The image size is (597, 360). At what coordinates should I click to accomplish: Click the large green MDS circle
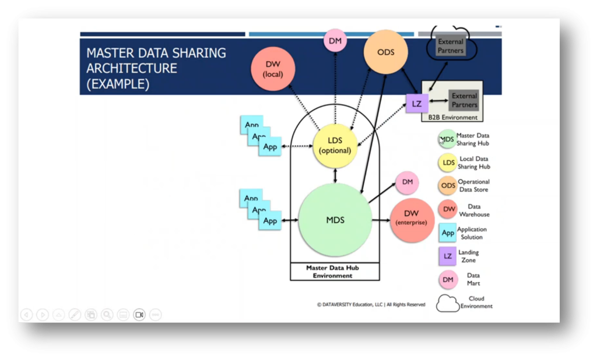click(x=335, y=220)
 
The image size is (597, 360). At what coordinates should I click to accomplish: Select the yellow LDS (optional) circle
click(x=335, y=146)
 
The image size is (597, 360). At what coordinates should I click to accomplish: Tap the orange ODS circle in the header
click(x=385, y=52)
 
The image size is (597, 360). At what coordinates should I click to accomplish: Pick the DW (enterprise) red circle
click(x=412, y=219)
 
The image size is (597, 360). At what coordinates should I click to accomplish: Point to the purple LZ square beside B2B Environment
click(x=416, y=104)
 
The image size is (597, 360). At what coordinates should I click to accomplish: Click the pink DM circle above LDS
click(x=335, y=41)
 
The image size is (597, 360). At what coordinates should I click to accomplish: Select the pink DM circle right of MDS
click(x=407, y=183)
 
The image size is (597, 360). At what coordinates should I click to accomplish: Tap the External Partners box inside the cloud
click(x=451, y=47)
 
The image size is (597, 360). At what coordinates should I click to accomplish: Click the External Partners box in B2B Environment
click(x=464, y=100)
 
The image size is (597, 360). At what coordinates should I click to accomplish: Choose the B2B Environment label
click(x=452, y=118)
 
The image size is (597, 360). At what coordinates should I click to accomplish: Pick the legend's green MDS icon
click(x=447, y=139)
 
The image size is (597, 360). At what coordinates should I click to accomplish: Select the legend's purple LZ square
click(x=447, y=256)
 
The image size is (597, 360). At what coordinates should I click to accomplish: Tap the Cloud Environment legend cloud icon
click(x=448, y=303)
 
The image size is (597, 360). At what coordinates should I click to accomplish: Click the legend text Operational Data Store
click(x=473, y=186)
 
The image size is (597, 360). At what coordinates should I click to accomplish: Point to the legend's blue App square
click(x=447, y=233)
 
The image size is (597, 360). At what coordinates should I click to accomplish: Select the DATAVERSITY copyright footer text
click(x=371, y=305)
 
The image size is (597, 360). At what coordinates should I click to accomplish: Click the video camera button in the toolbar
click(x=139, y=315)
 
